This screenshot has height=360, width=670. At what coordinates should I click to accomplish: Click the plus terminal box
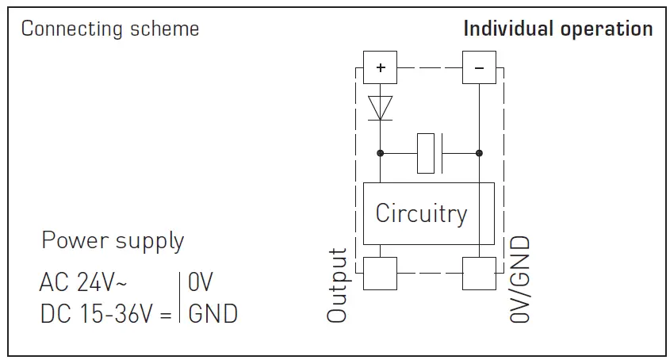(381, 67)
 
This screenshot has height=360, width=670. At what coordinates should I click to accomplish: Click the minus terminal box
(479, 67)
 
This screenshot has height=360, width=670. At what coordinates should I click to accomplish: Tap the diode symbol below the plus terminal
(381, 107)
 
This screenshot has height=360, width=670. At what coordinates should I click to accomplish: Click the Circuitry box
(428, 213)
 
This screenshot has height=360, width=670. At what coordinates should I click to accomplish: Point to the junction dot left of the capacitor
(381, 153)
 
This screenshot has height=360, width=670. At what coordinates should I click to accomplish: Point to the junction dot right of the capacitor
(479, 153)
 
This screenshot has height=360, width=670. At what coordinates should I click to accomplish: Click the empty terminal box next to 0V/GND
(479, 274)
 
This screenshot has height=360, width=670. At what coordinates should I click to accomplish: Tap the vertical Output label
(339, 285)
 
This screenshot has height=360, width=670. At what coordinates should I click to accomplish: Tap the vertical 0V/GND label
(519, 278)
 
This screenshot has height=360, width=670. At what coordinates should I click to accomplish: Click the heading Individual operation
(557, 29)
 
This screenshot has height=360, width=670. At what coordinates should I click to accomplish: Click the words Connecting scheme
(109, 29)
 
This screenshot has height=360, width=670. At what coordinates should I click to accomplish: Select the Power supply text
(113, 240)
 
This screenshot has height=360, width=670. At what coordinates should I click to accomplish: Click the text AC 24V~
(83, 282)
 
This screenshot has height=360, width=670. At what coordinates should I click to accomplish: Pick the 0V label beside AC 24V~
(201, 282)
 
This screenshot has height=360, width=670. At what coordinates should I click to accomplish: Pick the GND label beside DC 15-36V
(212, 313)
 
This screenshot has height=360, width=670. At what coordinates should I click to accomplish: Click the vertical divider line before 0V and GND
(181, 297)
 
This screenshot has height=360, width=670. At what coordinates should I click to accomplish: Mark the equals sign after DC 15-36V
(165, 314)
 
